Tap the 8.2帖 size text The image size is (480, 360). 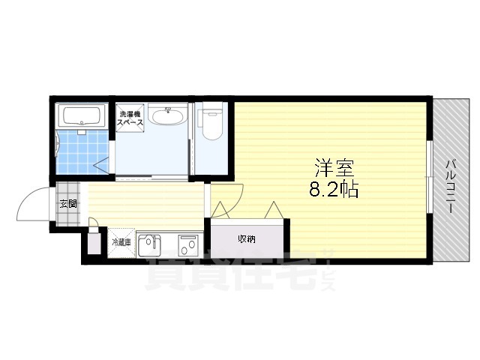pyautogui.click(x=333, y=190)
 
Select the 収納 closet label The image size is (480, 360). pyautogui.click(x=247, y=239)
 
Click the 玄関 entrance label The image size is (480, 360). pyautogui.click(x=67, y=204)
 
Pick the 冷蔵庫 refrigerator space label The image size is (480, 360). pyautogui.click(x=121, y=242)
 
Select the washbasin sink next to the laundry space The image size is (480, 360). pyautogui.click(x=167, y=116)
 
